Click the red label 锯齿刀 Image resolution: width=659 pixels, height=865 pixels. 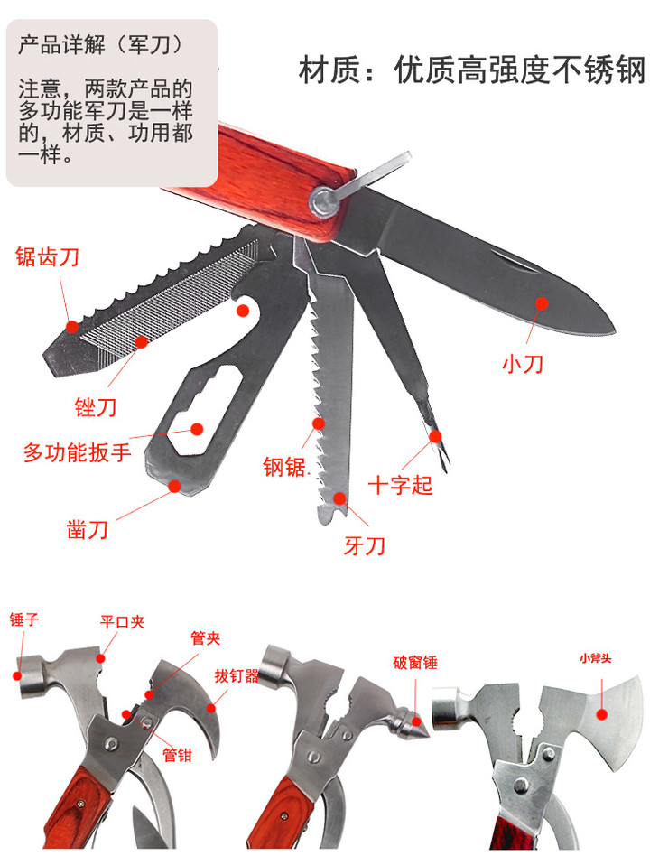point(48,257)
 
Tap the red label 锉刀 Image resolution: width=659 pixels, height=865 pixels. point(96,407)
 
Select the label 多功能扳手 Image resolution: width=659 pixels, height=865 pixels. point(78,452)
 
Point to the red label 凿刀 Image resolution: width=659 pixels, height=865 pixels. point(88,530)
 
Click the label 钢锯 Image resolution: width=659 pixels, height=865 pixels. point(284,467)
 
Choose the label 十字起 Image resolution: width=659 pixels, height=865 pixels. point(400,486)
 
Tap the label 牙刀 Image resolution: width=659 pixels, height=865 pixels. point(364,546)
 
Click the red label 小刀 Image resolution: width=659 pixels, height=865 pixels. point(523,364)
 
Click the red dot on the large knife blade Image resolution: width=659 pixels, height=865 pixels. point(542,303)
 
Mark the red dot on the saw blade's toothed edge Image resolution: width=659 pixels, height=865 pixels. point(318,423)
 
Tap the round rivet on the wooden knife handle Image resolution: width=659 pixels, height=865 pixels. point(324,200)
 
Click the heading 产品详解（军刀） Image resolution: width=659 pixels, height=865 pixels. point(100,45)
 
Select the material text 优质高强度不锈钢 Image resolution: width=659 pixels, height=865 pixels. point(519,70)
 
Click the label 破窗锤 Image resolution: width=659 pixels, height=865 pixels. point(415,663)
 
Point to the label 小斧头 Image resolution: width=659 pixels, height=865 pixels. point(596,658)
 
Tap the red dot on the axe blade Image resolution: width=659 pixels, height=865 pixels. point(601,715)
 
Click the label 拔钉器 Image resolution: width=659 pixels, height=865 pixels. point(237,675)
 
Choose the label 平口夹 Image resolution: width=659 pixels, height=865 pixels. point(123,622)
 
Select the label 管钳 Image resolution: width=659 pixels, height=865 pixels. point(178,755)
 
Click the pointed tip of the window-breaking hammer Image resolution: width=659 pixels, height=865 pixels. point(423,721)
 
